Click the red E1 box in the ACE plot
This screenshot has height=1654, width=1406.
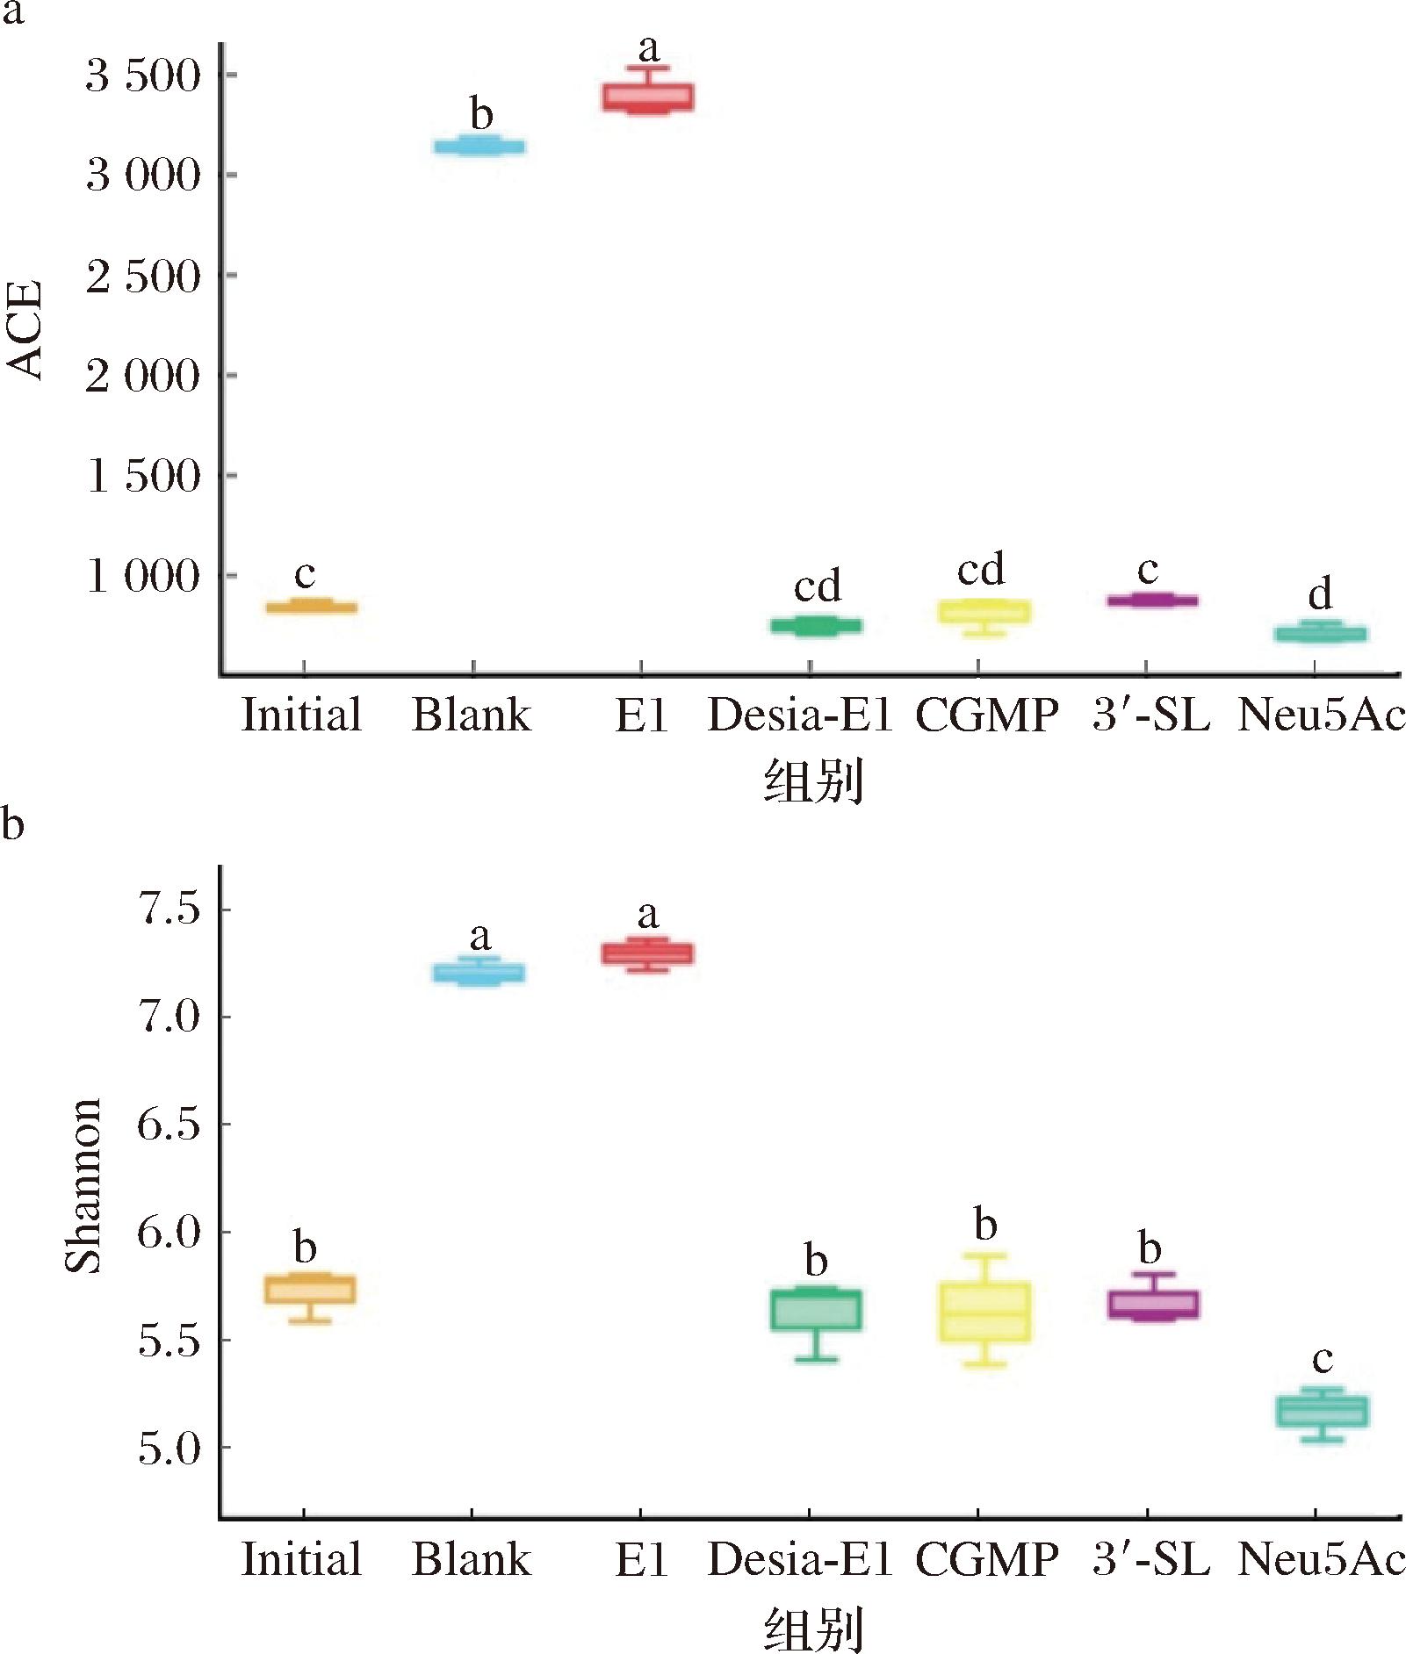pyautogui.click(x=647, y=97)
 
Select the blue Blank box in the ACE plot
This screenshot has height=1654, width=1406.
pyautogui.click(x=479, y=147)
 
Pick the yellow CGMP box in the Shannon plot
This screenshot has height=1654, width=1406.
pyautogui.click(x=985, y=1312)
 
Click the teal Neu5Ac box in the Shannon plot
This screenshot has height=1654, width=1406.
pyautogui.click(x=1322, y=1411)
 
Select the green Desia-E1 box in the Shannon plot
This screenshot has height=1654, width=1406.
pyautogui.click(x=816, y=1310)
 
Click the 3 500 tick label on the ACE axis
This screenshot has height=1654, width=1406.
pyautogui.click(x=144, y=76)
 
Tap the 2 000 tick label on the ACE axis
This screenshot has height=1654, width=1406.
pyautogui.click(x=144, y=376)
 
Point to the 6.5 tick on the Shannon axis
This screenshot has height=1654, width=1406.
pyautogui.click(x=169, y=1125)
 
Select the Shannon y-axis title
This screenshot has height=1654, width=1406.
pyautogui.click(x=84, y=1185)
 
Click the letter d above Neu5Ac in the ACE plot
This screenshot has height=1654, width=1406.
pyautogui.click(x=1320, y=594)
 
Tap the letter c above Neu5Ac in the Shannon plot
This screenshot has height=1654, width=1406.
pyautogui.click(x=1322, y=1360)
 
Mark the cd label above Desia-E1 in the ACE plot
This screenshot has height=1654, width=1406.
pyautogui.click(x=818, y=586)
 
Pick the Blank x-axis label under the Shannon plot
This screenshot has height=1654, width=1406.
pyautogui.click(x=472, y=1560)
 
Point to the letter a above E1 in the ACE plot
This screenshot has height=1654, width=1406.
pyautogui.click(x=648, y=47)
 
